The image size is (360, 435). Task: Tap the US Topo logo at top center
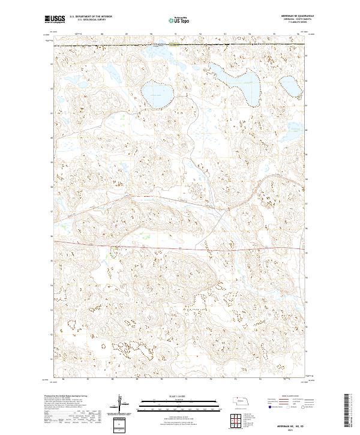point(179,20)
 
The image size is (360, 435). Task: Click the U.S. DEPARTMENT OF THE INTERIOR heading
point(90,16)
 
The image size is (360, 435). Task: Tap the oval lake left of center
point(155,94)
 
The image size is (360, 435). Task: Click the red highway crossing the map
point(180,247)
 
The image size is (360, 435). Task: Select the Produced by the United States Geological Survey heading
point(66,397)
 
